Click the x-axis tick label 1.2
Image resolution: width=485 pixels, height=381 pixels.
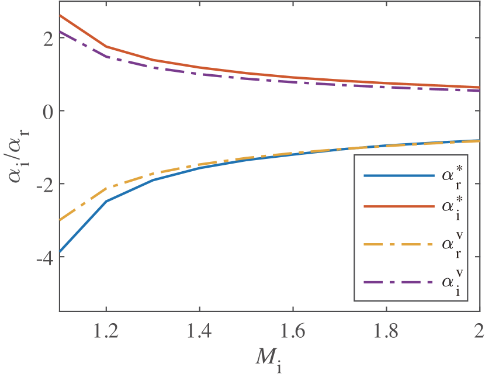106,331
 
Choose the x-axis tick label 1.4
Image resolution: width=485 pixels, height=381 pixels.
199,331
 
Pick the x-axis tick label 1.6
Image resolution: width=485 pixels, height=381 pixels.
293,331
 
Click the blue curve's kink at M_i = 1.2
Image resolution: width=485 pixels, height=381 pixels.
106,202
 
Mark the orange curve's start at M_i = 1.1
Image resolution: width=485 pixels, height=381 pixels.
60,16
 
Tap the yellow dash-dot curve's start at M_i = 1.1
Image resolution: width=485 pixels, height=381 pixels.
60,220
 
